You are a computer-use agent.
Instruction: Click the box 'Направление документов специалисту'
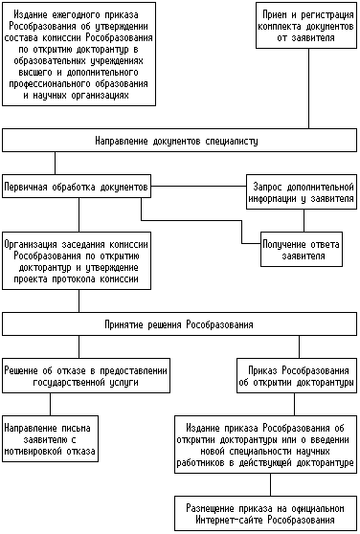[x=179, y=140]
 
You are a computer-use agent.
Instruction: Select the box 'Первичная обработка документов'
[x=77, y=187]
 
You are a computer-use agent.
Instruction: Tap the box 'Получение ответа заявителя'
[x=302, y=249]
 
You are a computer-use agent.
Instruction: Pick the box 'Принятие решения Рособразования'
[x=179, y=323]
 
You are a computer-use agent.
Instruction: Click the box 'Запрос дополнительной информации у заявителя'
[x=302, y=192]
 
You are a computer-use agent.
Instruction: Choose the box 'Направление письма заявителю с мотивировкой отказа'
[x=51, y=438]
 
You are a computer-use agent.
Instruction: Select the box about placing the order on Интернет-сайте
[x=265, y=514]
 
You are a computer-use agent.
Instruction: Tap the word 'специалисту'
[x=232, y=141]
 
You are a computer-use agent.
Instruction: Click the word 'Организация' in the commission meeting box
[x=31, y=244]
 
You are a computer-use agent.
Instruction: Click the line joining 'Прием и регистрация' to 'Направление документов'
[x=309, y=89]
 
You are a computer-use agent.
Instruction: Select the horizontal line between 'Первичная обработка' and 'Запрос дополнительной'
[x=198, y=187]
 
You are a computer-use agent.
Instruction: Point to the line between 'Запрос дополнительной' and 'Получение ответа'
[x=304, y=221]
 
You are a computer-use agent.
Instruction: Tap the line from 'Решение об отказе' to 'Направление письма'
[x=51, y=404]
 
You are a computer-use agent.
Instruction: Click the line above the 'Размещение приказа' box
[x=271, y=484]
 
